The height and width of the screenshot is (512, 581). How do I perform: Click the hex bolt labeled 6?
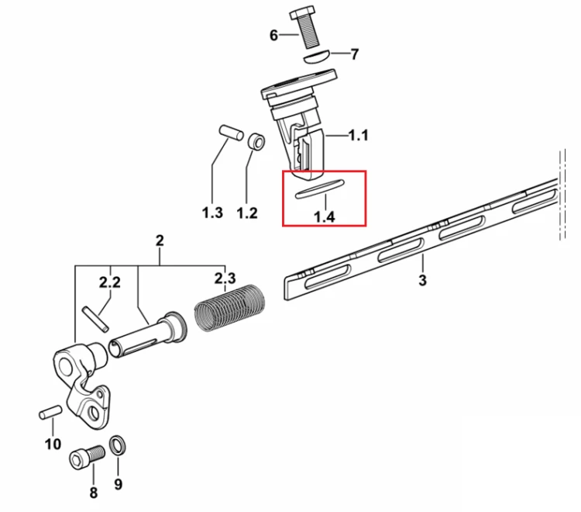tap(305, 27)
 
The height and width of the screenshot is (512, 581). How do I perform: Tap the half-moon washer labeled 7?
tap(316, 57)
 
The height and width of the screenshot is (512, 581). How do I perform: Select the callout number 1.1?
tap(359, 136)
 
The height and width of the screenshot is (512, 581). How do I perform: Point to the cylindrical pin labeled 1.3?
tap(231, 133)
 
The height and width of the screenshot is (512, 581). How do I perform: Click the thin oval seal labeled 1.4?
tap(319, 189)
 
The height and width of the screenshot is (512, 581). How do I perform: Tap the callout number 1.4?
tap(325, 217)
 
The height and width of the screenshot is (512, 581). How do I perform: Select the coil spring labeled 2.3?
tap(230, 307)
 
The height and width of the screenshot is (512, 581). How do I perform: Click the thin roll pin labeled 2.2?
tap(95, 319)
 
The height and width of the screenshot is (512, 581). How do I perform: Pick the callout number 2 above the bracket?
tap(160, 240)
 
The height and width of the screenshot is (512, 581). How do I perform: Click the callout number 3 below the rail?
tap(422, 281)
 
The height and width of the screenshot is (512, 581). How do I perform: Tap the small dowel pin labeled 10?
tap(50, 412)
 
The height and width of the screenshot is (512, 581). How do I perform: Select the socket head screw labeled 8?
tap(88, 457)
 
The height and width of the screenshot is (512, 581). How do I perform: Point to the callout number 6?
tap(273, 36)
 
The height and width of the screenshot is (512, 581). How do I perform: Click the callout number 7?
tap(355, 54)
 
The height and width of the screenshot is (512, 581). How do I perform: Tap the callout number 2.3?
tap(225, 278)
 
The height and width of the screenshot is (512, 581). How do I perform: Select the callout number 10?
tap(53, 444)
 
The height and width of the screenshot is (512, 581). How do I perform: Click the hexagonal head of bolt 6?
tap(301, 12)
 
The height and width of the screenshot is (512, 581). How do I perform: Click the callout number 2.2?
tap(110, 282)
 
